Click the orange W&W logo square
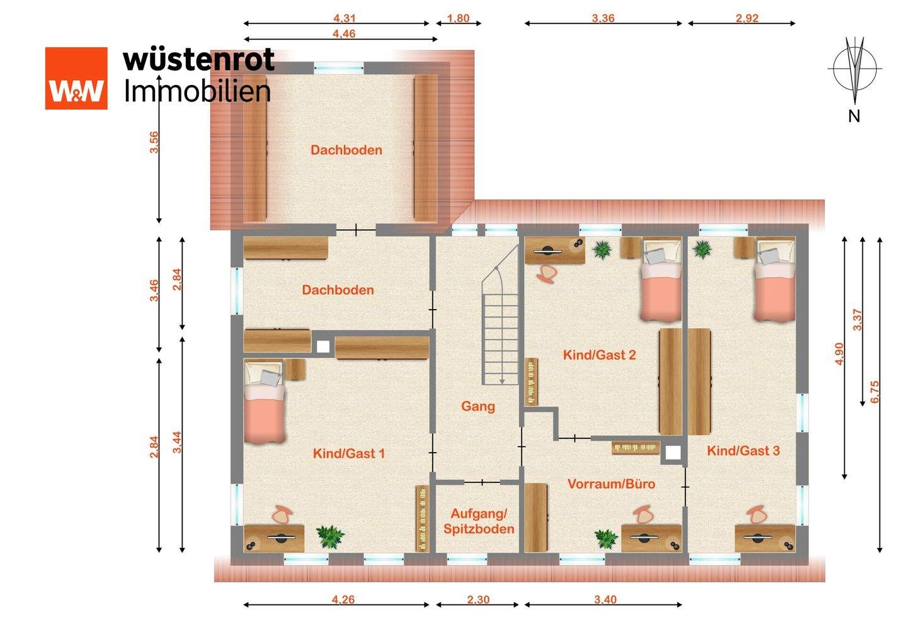click(x=76, y=78)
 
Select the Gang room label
click(x=478, y=406)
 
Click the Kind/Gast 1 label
click(x=348, y=453)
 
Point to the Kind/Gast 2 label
click(x=599, y=355)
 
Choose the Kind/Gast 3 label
click(x=743, y=450)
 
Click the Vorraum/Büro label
click(x=611, y=484)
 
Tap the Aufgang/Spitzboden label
click(x=479, y=521)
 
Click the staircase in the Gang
click(x=501, y=327)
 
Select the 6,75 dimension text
click(x=874, y=392)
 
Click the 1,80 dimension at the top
click(x=459, y=18)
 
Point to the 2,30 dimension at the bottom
click(x=478, y=599)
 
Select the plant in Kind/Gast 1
click(x=329, y=536)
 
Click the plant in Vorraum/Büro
click(x=605, y=538)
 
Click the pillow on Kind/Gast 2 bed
click(x=654, y=256)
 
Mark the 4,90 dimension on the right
click(x=838, y=354)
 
